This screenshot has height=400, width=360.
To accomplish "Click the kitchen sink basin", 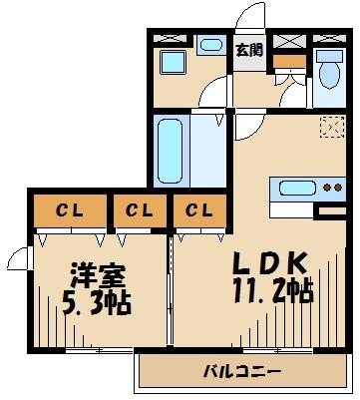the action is (297, 187).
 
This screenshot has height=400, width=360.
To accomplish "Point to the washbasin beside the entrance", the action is (209, 45).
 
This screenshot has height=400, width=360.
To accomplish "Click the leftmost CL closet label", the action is (68, 210).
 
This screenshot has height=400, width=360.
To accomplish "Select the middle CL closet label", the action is (139, 210).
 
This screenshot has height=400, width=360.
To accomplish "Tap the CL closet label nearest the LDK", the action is (197, 210).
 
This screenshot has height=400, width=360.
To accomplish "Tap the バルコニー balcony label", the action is (241, 373).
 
